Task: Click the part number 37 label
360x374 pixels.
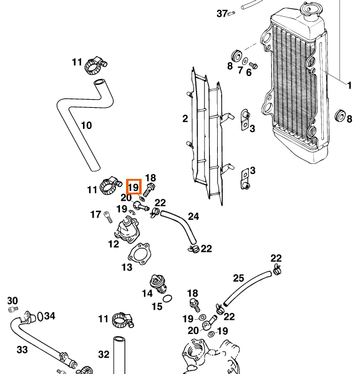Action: click(x=222, y=14)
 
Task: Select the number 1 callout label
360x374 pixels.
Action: click(x=349, y=85)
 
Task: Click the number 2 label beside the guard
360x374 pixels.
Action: click(x=185, y=118)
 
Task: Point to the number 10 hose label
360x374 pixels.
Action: click(x=86, y=125)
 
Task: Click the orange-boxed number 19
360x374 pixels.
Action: click(x=134, y=187)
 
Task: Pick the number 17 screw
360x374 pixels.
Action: click(x=109, y=217)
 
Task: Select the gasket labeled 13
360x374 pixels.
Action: click(x=139, y=254)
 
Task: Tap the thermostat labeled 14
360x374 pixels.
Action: click(x=158, y=284)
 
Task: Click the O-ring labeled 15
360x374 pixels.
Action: click(x=167, y=299)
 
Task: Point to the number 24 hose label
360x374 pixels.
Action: click(x=193, y=216)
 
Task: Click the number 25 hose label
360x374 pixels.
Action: click(x=238, y=278)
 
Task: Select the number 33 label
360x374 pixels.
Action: click(x=22, y=350)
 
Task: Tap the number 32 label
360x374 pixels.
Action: click(x=104, y=355)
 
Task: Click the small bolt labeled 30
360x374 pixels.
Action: click(x=13, y=309)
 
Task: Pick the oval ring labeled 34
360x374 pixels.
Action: click(x=41, y=317)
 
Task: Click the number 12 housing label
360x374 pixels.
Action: click(x=114, y=244)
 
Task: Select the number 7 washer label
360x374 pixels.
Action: click(x=240, y=70)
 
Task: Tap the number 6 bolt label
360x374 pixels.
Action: click(x=249, y=72)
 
